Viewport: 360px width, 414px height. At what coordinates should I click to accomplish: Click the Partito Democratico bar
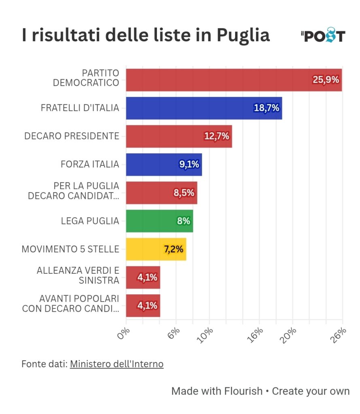tap(218, 80)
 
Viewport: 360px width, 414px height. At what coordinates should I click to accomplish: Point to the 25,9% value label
tap(326, 80)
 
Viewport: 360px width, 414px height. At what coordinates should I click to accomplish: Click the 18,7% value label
tap(267, 108)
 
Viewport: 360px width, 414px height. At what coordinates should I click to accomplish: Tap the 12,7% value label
tap(217, 136)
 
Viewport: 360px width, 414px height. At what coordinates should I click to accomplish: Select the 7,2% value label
tap(173, 249)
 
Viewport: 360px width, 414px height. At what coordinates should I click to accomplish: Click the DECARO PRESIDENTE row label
tap(72, 136)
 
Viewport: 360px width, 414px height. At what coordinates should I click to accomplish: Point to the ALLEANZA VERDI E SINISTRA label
tap(78, 275)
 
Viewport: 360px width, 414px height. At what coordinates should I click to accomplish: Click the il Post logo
tap(323, 36)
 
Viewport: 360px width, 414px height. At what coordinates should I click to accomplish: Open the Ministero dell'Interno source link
tap(116, 364)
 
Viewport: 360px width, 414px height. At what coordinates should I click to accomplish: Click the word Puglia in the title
tap(243, 36)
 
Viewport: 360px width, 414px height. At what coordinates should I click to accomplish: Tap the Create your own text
tap(311, 391)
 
